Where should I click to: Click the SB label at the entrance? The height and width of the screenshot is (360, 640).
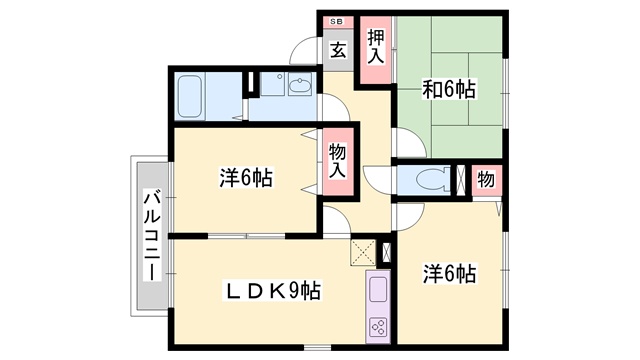[x=336, y=20]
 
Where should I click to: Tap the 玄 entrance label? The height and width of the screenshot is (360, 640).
[x=338, y=50]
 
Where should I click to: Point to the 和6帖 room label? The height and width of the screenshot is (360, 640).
[x=448, y=91]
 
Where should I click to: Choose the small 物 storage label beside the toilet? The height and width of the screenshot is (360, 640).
[x=485, y=180]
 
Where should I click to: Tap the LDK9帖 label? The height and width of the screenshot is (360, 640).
[x=271, y=291]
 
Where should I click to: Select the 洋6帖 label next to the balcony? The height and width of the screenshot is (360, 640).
[x=245, y=179]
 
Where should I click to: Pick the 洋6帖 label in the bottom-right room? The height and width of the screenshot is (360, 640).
[x=448, y=272]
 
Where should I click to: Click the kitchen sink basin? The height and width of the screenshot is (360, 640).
[x=379, y=291]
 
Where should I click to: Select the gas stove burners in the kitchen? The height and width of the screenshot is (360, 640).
[x=379, y=326]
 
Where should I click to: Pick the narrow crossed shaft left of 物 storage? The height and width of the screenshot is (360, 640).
[x=460, y=180]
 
